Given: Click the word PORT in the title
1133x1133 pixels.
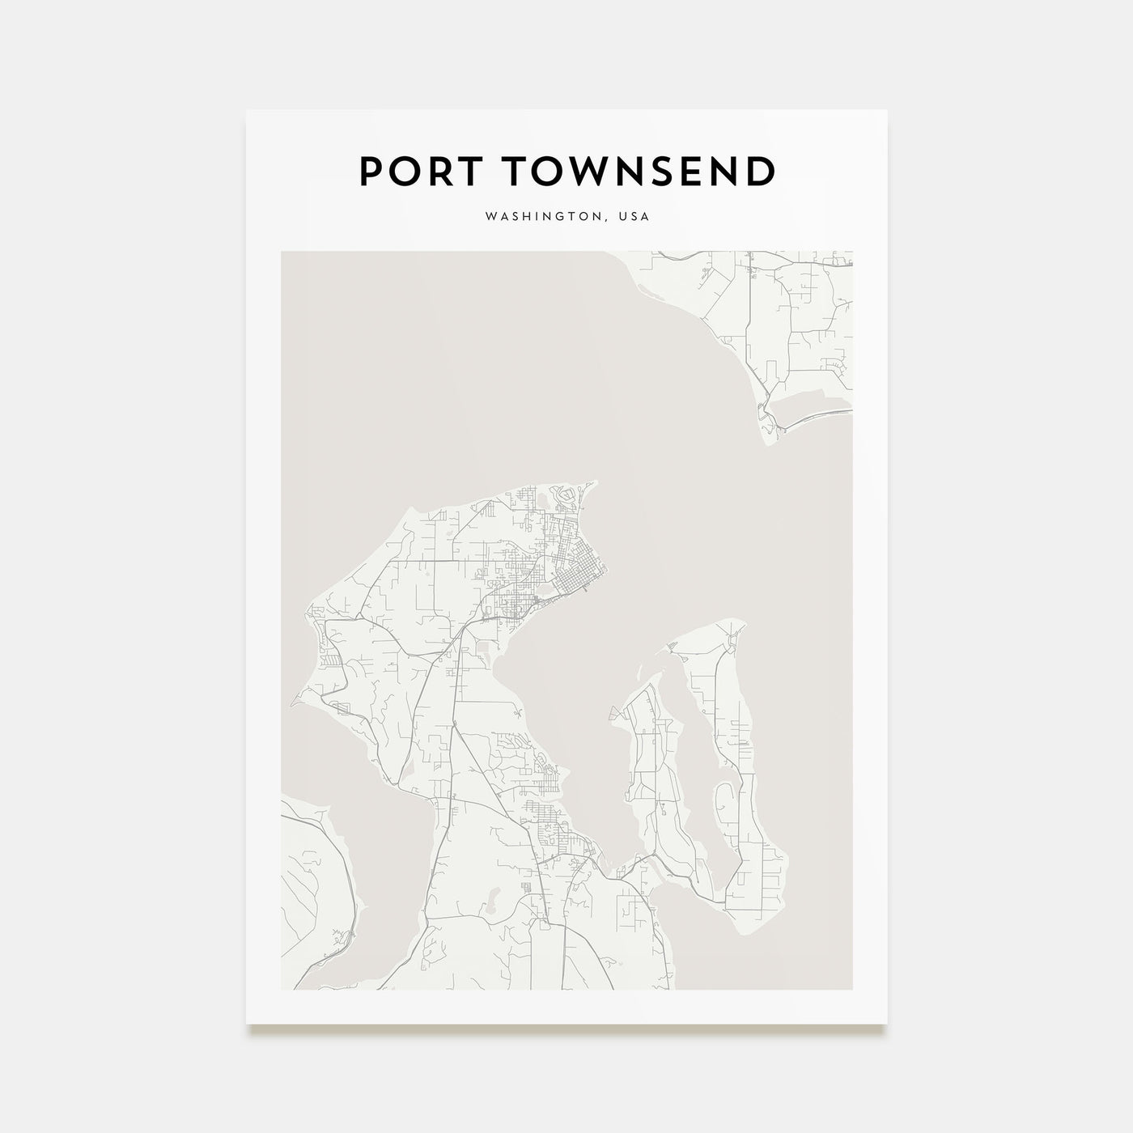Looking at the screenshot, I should click(414, 171).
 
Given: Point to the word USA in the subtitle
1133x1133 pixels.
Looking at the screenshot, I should click(634, 218).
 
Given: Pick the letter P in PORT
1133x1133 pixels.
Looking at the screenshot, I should click(370, 171).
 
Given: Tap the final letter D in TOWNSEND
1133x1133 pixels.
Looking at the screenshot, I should click(762, 171).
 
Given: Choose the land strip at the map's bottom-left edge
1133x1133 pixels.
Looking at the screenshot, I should click(312, 890).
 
